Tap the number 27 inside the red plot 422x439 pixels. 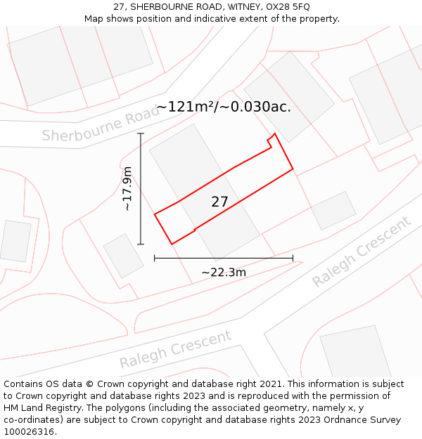click(x=219, y=202)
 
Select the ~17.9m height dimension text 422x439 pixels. click(x=127, y=189)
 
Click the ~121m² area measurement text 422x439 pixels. click(x=186, y=107)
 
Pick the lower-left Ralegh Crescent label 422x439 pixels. click(x=175, y=348)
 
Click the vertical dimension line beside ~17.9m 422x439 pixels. click(x=141, y=189)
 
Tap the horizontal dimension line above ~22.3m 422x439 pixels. click(x=224, y=258)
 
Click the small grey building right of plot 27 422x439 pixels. click(x=333, y=211)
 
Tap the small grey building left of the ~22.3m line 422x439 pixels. click(x=124, y=256)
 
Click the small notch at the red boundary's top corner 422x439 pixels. click(x=271, y=140)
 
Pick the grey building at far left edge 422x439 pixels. click(x=15, y=241)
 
